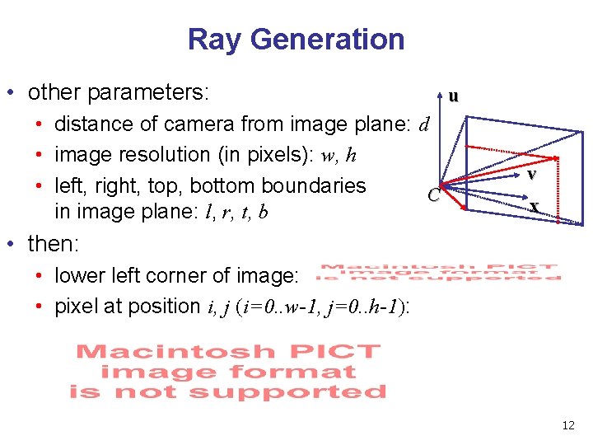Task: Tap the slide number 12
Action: (568, 425)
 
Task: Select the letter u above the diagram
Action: (453, 96)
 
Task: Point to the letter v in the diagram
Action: (533, 175)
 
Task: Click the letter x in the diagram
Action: (535, 207)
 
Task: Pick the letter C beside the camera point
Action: (433, 195)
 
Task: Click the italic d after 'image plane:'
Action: (424, 125)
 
